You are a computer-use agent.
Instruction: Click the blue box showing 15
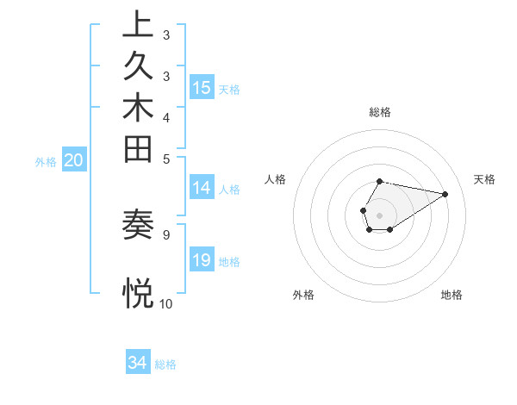(x=202, y=87)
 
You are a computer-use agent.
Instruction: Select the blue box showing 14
(x=202, y=188)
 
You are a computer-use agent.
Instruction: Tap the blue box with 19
(x=202, y=260)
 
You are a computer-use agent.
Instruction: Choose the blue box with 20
(x=74, y=159)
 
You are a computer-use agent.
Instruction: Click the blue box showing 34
(x=138, y=363)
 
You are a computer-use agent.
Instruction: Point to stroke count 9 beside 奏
(x=165, y=233)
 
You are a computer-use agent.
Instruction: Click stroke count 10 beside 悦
(x=165, y=303)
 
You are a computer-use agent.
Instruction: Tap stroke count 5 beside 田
(x=165, y=158)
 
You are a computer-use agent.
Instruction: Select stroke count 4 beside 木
(x=165, y=116)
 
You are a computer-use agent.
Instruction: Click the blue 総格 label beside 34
(x=165, y=364)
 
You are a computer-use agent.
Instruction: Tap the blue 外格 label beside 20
(x=46, y=161)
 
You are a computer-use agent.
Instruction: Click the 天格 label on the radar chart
(x=484, y=179)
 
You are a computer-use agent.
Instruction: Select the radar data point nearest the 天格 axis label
(x=445, y=193)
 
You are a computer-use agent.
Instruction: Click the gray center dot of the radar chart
(x=379, y=215)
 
